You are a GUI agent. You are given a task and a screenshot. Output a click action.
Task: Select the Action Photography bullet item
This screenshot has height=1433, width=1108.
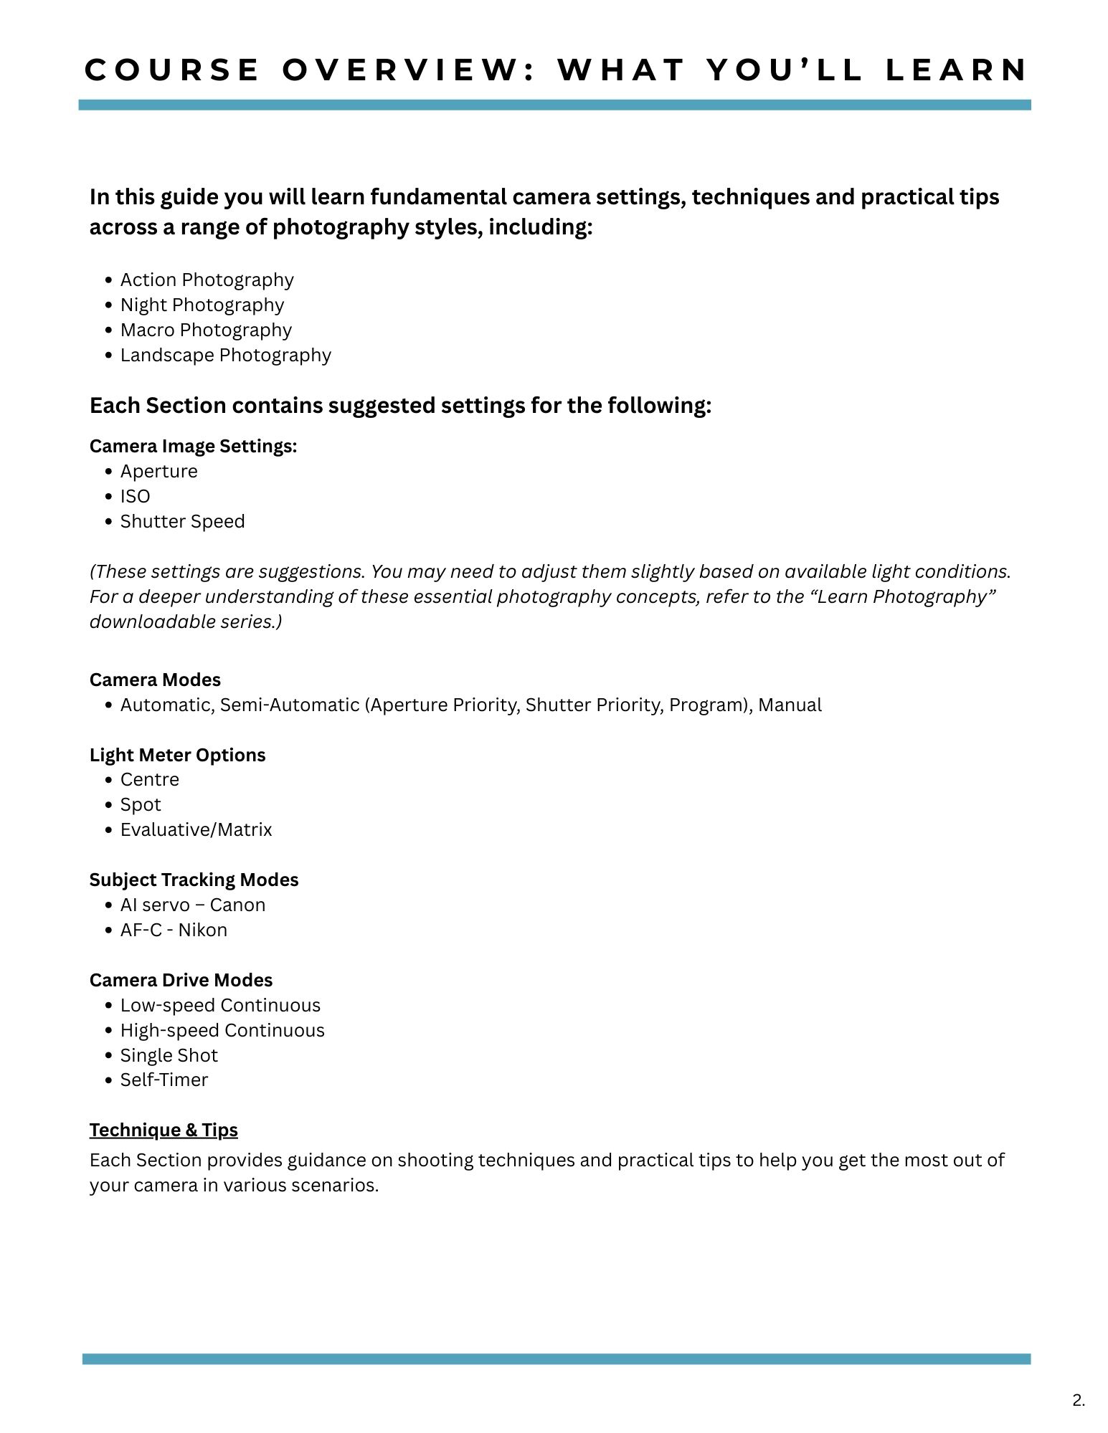[x=207, y=280]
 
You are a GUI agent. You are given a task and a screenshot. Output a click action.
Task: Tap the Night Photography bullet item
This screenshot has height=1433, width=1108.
[x=202, y=305]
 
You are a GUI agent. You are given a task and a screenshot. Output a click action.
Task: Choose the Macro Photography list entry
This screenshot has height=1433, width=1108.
[x=206, y=330]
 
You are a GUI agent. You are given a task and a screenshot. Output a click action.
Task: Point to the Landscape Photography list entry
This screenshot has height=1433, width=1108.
[x=225, y=355]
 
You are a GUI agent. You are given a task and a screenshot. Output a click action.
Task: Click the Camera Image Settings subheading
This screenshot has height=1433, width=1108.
[x=193, y=446]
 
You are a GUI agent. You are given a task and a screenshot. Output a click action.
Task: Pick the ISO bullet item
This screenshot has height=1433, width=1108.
[x=135, y=496]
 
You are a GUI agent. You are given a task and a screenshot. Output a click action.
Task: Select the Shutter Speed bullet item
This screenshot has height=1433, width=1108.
[x=182, y=521]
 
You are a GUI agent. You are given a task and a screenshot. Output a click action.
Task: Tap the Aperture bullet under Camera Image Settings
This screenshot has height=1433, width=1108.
[x=158, y=471]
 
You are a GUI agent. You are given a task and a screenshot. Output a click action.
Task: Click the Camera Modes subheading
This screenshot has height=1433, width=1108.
[x=155, y=680]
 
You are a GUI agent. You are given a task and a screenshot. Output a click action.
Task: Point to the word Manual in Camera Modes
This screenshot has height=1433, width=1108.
[x=790, y=705]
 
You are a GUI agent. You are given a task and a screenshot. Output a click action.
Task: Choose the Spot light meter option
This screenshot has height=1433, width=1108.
[x=141, y=804]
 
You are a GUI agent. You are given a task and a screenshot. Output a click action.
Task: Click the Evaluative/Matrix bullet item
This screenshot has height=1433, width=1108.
[x=196, y=829]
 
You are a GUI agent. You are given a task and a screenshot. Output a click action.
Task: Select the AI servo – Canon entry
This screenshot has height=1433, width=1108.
[x=192, y=905]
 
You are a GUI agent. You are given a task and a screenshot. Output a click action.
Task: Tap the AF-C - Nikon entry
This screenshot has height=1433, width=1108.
[x=174, y=930]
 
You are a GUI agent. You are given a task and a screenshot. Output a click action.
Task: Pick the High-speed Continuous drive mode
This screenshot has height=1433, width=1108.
[x=222, y=1030]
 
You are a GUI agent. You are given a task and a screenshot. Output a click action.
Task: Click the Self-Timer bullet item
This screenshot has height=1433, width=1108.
[x=164, y=1080]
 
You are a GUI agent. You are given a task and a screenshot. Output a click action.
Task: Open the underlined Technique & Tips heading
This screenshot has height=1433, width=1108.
[x=164, y=1130]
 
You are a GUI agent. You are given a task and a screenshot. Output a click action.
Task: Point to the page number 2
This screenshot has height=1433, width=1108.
[x=1079, y=1400]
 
